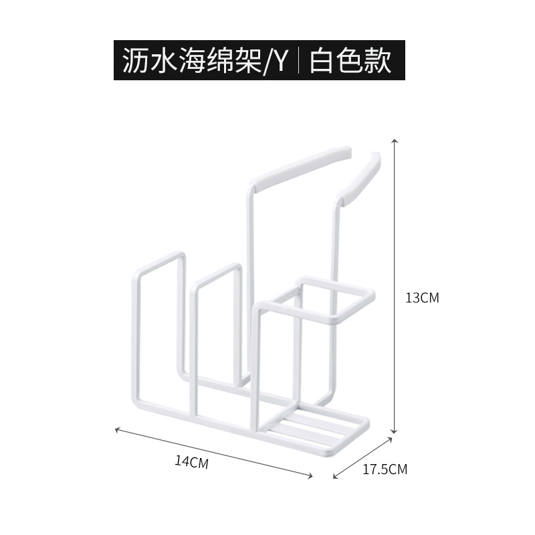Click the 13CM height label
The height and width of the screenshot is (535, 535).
tap(422, 298)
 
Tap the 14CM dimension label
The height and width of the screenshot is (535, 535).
tap(192, 461)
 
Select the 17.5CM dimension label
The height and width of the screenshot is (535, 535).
tap(385, 469)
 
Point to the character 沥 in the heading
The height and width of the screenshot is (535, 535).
tap(135, 62)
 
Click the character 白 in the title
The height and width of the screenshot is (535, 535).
tap(324, 62)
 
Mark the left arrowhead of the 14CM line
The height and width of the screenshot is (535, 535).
tap(118, 429)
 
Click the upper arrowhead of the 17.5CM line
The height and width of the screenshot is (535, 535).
tap(390, 440)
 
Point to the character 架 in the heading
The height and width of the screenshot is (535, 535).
tap(251, 62)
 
